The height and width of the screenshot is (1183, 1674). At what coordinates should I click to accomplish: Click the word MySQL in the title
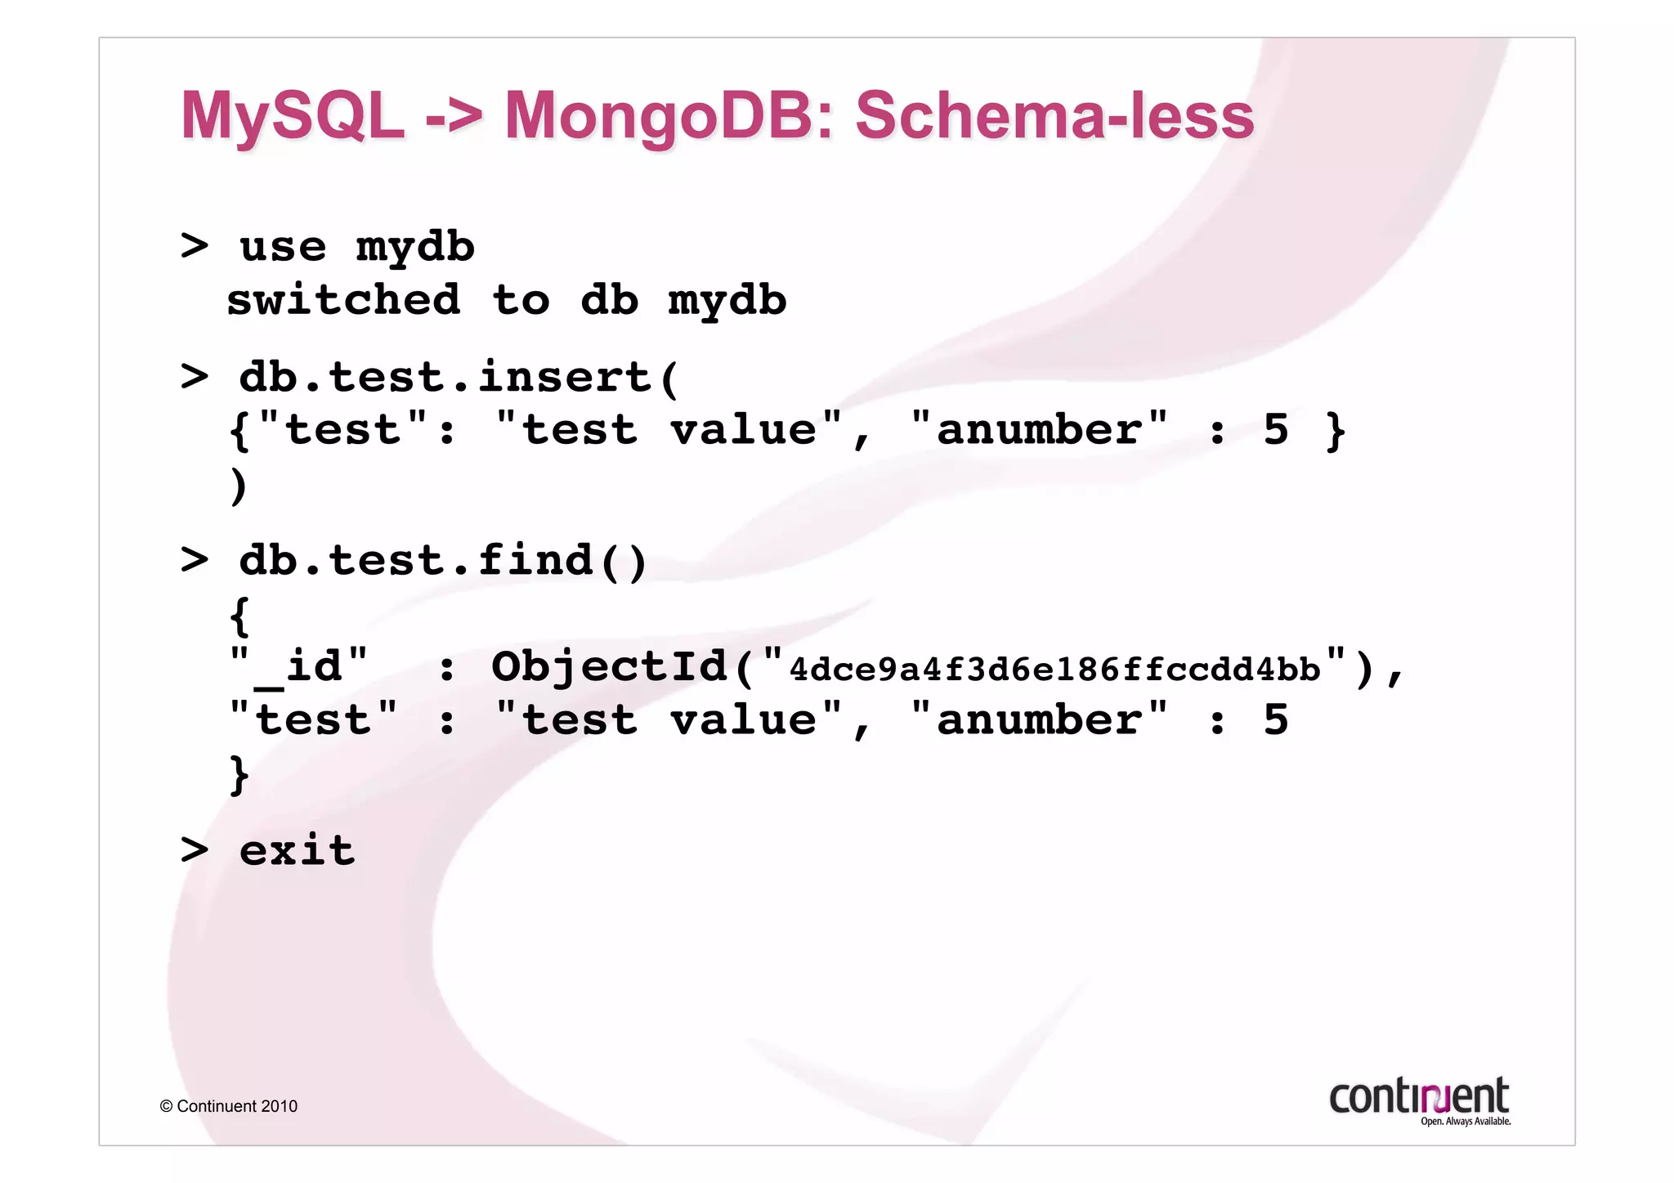[x=292, y=116]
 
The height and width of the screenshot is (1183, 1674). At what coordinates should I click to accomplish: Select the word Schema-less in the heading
[x=1054, y=116]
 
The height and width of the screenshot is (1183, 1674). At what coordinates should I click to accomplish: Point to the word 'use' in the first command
[x=283, y=247]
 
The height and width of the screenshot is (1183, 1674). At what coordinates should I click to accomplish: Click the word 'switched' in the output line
[x=343, y=300]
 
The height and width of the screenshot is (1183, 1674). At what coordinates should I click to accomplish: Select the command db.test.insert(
[x=459, y=378]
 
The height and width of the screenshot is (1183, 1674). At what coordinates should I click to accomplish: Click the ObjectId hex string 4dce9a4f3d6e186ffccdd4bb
[x=1054, y=670]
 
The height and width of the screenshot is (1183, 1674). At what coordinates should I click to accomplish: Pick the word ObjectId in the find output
[x=609, y=666]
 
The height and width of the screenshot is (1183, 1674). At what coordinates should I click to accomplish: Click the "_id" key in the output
[x=298, y=666]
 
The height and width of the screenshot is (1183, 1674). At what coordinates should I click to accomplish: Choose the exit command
[x=297, y=851]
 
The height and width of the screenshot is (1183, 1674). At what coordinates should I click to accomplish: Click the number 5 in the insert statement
[x=1275, y=430]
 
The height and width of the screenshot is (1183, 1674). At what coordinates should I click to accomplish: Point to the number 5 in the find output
[x=1275, y=720]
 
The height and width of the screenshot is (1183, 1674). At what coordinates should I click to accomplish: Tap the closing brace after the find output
[x=239, y=774]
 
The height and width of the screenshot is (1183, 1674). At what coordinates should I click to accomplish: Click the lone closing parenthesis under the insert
[x=238, y=486]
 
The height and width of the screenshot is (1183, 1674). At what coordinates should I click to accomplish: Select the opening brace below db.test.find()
[x=239, y=616]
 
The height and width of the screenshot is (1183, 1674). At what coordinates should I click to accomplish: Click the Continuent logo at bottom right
[x=1420, y=1100]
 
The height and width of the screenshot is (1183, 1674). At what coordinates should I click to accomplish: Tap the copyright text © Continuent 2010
[x=229, y=1106]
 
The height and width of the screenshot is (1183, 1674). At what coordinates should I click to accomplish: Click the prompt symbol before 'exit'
[x=195, y=851]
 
